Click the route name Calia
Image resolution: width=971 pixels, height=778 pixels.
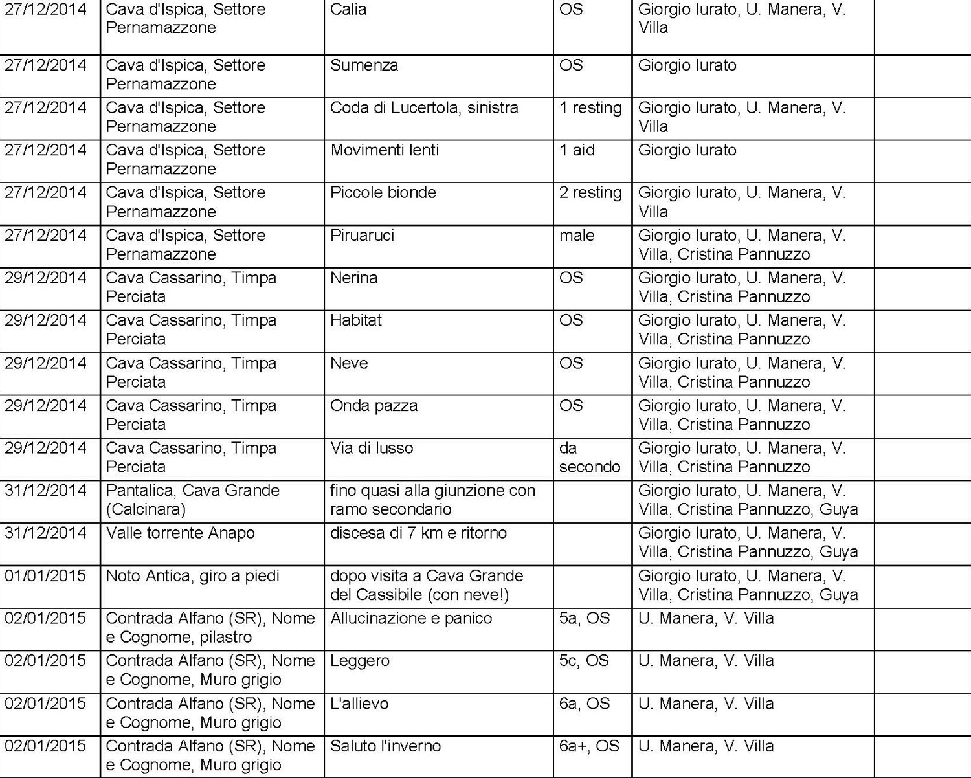coord(348,10)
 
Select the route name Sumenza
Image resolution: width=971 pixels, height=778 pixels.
coord(364,65)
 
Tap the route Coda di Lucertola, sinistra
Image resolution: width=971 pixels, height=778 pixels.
coord(424,107)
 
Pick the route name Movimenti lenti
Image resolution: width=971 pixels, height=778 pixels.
coord(385,150)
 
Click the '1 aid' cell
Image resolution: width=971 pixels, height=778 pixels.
coord(577,150)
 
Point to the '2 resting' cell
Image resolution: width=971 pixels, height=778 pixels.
coord(590,193)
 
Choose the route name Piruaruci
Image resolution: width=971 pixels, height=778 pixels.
coord(362,236)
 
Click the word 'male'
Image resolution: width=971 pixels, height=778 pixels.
coord(577,236)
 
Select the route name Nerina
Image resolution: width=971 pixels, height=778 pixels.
coord(353,278)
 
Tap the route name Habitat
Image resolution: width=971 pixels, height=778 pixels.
coord(355,320)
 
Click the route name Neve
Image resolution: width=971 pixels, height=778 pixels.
coord(349,363)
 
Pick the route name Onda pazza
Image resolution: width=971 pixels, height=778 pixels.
coord(374,406)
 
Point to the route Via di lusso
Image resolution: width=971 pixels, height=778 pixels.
coord(372,448)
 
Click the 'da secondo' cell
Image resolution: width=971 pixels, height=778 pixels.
coord(589,457)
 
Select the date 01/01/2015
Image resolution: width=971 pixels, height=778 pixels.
coord(45,575)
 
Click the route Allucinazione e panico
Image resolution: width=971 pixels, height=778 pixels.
coord(411,618)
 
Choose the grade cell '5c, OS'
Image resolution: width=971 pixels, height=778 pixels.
coord(584,661)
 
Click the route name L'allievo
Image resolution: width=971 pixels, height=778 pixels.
coord(359,704)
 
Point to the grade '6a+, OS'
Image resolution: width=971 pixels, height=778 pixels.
coord(589,746)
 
